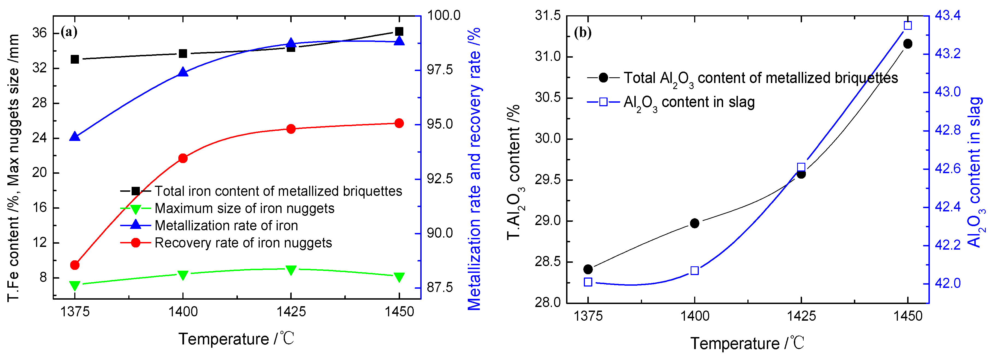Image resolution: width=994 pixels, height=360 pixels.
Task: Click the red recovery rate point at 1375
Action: click(75, 265)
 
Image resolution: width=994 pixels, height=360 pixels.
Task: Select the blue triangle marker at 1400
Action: click(183, 72)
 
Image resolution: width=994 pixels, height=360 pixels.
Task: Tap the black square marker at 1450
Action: click(399, 31)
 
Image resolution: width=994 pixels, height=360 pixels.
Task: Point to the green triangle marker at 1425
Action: click(291, 270)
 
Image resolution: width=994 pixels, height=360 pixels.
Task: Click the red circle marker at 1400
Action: click(183, 158)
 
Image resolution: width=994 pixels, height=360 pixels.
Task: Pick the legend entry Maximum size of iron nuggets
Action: click(244, 208)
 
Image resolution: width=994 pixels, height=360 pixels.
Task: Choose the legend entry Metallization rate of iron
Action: click(226, 225)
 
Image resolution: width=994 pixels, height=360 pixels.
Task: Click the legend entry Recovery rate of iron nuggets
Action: click(243, 243)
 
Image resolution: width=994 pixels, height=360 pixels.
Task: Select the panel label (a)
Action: click(69, 32)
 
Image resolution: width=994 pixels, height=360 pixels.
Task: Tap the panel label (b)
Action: click(583, 33)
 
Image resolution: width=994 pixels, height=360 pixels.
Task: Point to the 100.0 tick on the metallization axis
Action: click(443, 16)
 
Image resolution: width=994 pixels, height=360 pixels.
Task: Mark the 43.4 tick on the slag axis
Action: click(948, 16)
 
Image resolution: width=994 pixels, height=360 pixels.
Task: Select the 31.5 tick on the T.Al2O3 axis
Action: click(548, 16)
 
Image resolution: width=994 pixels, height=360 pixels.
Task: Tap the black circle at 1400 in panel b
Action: click(694, 223)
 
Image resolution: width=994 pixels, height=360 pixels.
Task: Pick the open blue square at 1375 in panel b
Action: click(588, 282)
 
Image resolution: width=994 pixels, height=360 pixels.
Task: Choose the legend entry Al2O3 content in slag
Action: click(689, 102)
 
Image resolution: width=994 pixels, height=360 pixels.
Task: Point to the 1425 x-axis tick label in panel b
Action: click(801, 316)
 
